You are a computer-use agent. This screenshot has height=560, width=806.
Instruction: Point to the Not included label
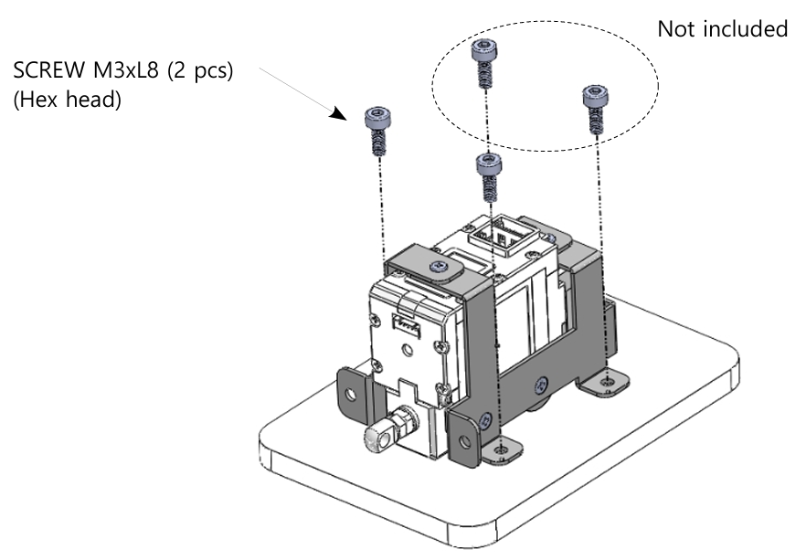pyautogui.click(x=722, y=29)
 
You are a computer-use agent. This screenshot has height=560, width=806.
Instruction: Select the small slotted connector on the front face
pyautogui.click(x=404, y=322)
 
